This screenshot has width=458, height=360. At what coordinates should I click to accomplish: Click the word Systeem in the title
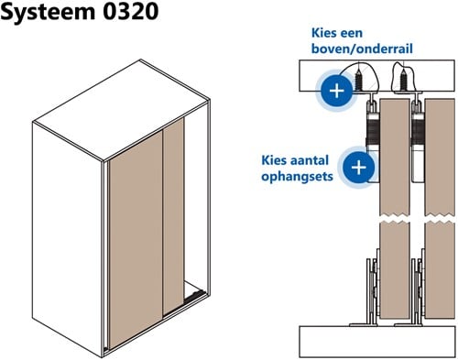pyautogui.click(x=50, y=16)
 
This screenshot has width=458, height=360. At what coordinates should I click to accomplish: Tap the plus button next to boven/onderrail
pyautogui.click(x=336, y=91)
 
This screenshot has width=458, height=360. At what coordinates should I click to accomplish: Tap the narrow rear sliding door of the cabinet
pyautogui.click(x=174, y=211)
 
